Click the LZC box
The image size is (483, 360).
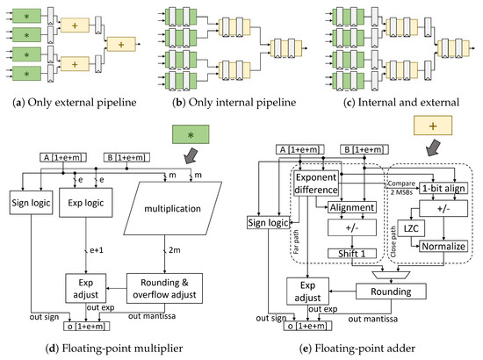[395, 227]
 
